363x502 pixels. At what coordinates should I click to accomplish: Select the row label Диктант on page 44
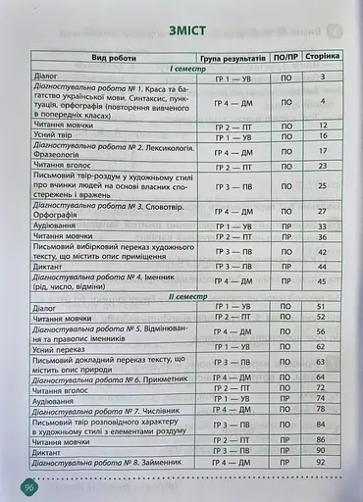(52, 267)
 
